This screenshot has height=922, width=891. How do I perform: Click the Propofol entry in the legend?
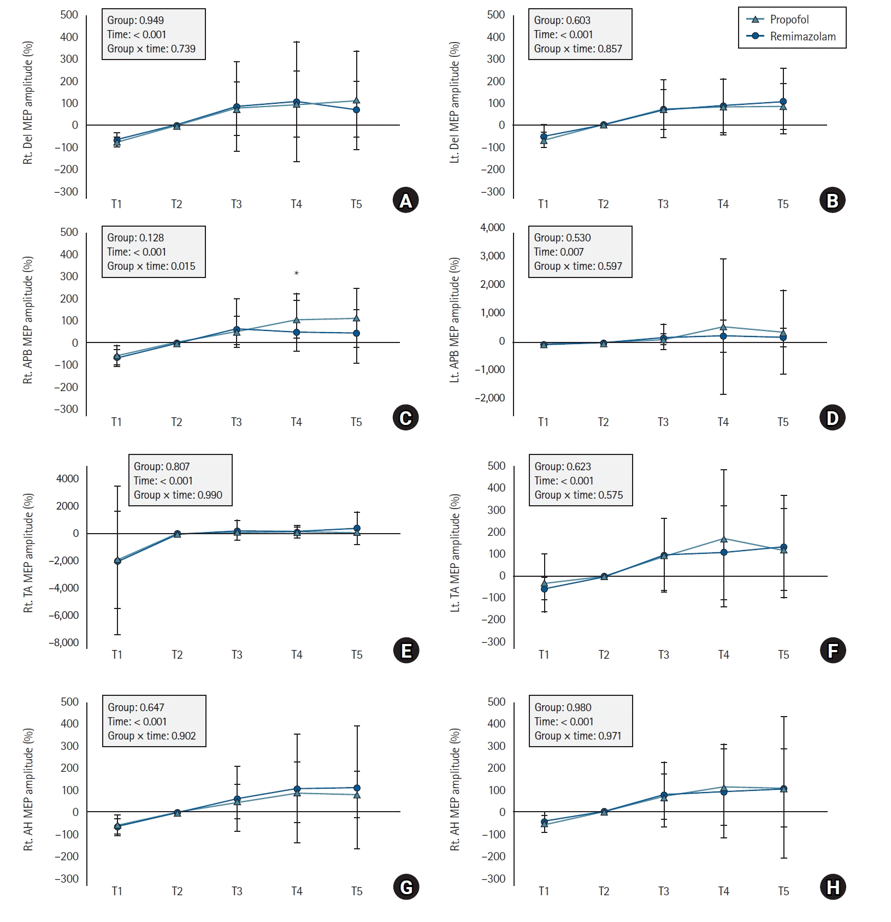[789, 20]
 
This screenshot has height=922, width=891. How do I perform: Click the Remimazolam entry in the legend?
[802, 37]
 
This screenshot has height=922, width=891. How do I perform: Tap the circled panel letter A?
[405, 200]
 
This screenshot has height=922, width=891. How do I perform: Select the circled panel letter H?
[833, 888]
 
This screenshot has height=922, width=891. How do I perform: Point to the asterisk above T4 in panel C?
[297, 273]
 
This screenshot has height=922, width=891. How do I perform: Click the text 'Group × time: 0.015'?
[151, 266]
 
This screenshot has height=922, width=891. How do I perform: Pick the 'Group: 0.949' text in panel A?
[135, 20]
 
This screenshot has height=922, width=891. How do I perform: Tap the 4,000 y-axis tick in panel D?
[492, 228]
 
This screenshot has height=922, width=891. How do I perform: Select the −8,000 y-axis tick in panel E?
[64, 643]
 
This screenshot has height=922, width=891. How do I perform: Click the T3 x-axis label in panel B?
[663, 204]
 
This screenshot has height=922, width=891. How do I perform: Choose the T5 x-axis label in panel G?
[357, 891]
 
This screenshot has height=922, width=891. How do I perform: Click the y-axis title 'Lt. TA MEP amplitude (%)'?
[455, 553]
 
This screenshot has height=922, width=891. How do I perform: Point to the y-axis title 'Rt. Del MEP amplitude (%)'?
[28, 103]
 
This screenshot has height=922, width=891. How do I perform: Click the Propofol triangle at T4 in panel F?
[724, 539]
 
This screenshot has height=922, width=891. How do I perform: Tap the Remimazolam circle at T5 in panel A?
[357, 110]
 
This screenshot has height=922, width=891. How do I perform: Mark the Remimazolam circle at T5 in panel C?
[357, 333]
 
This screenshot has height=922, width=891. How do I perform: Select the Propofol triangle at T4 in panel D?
[723, 327]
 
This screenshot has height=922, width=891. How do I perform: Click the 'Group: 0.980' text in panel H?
[563, 707]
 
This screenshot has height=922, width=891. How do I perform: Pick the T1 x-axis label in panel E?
[117, 655]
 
